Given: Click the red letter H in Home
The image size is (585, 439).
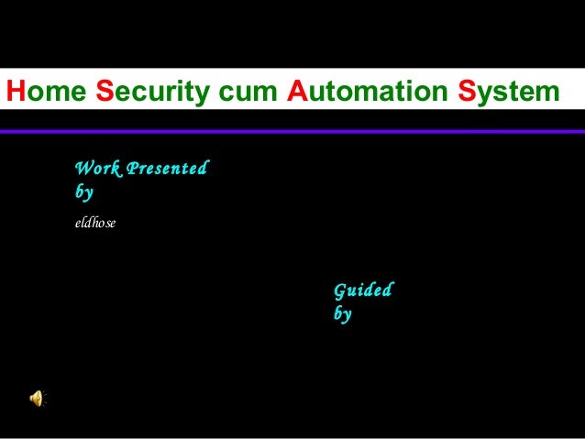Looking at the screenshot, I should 14,93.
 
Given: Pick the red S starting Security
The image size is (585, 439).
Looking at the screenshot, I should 104,93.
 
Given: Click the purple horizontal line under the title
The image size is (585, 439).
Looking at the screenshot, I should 292,132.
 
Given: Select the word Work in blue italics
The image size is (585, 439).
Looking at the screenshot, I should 94,170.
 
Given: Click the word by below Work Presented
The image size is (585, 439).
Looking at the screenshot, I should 83,193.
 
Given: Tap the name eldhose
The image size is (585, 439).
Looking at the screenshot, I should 94,222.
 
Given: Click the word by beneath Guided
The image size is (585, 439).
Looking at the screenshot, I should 343,313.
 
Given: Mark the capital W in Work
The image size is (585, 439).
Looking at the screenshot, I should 82,170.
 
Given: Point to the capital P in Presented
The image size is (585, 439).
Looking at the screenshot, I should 129,170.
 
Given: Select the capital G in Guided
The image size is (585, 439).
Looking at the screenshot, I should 340,291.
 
